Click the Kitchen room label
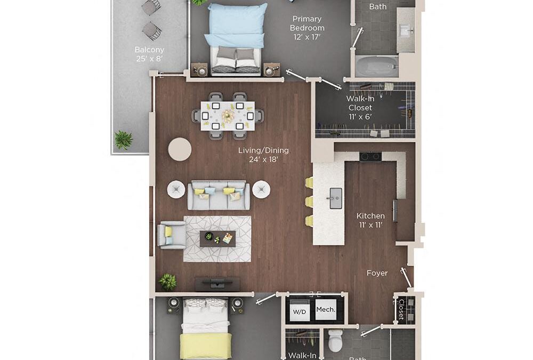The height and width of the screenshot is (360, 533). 370,216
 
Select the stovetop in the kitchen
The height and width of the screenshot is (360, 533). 370,157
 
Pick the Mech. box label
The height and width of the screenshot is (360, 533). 326,309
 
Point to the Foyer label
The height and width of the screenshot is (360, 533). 377,273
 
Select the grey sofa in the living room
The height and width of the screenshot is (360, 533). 218,196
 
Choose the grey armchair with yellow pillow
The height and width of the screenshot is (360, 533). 172,236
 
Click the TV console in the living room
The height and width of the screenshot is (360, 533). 214,284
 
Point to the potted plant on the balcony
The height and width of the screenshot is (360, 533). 124,140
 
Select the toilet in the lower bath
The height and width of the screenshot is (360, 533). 336,340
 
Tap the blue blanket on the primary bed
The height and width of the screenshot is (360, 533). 236,24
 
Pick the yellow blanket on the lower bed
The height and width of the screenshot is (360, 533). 206,346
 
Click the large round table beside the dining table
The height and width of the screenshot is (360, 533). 180,149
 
